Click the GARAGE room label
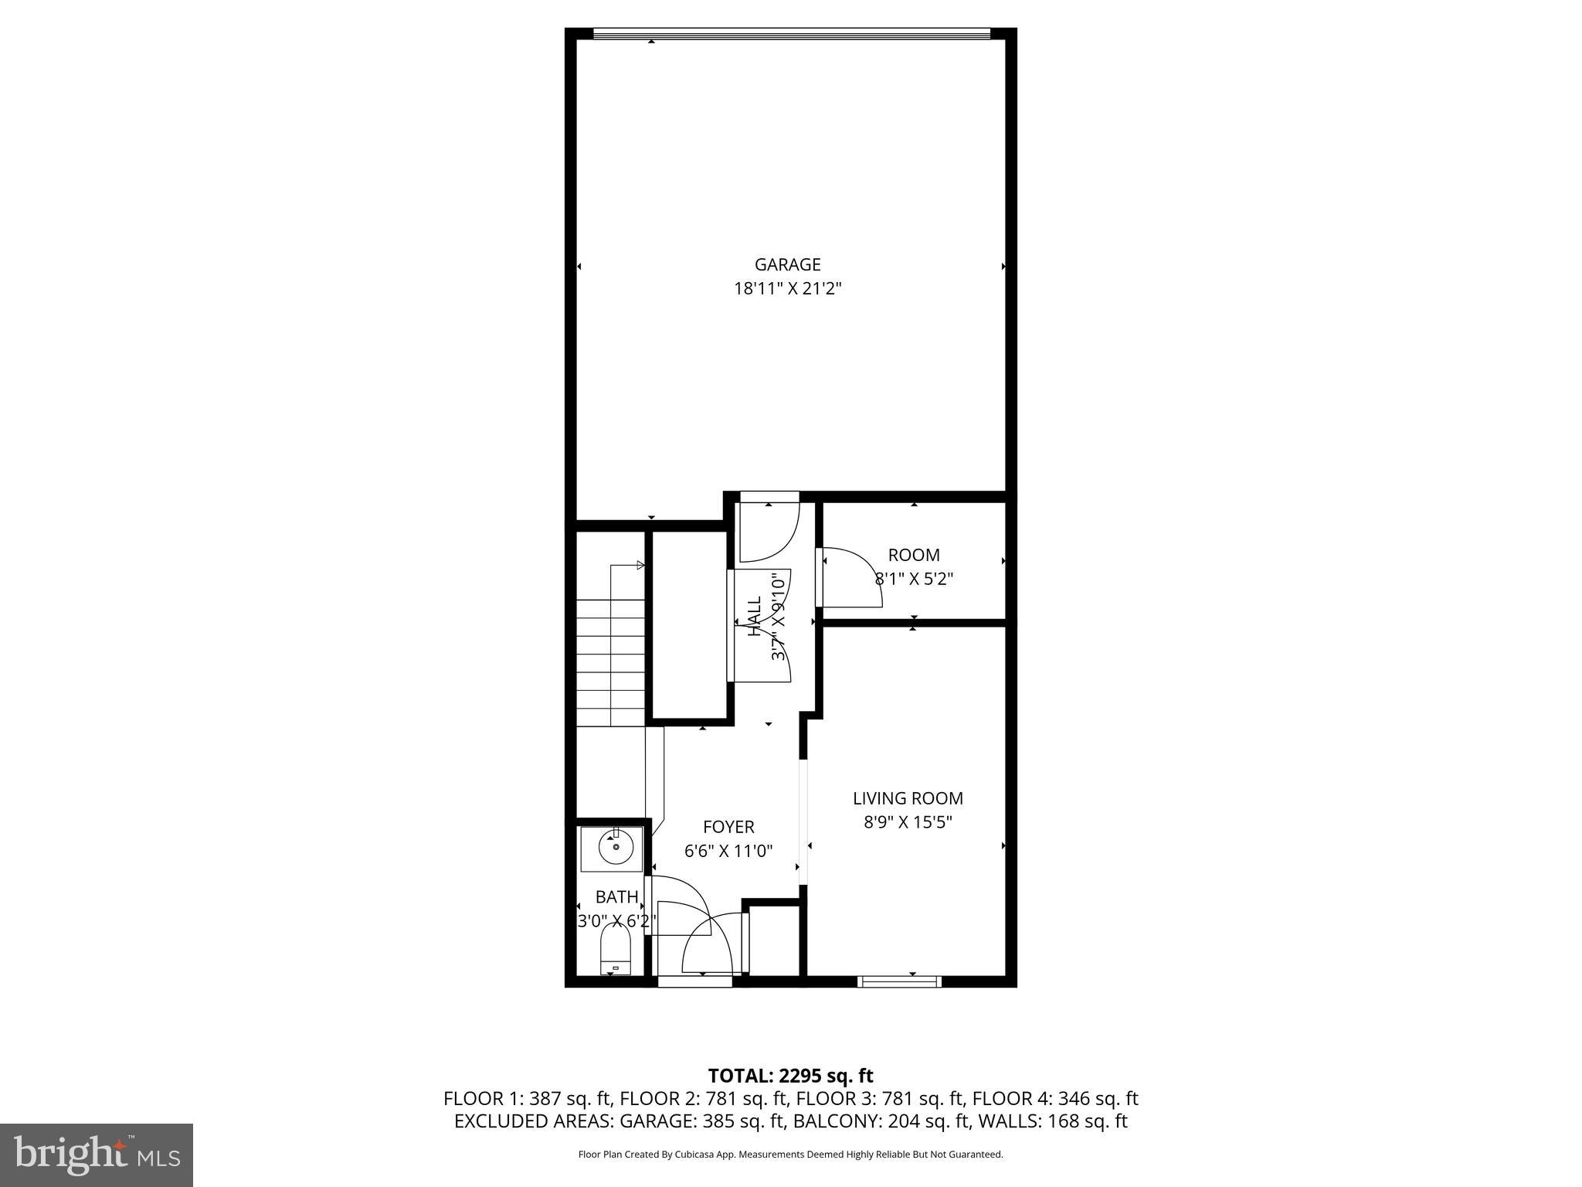pyautogui.click(x=787, y=265)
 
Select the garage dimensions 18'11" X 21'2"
pyautogui.click(x=787, y=289)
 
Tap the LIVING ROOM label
pyautogui.click(x=908, y=798)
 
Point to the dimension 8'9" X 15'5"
pyautogui.click(x=908, y=822)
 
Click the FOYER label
pyautogui.click(x=728, y=827)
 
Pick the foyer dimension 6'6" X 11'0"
pyautogui.click(x=728, y=851)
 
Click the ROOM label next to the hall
pyautogui.click(x=914, y=555)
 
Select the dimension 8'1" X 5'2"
pyautogui.click(x=914, y=579)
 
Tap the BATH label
pyautogui.click(x=616, y=896)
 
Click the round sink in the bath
pyautogui.click(x=616, y=848)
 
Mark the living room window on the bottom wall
pyautogui.click(x=899, y=981)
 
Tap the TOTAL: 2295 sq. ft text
pyautogui.click(x=790, y=1076)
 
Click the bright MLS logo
pyautogui.click(x=97, y=1155)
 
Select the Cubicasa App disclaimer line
pyautogui.click(x=790, y=1155)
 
